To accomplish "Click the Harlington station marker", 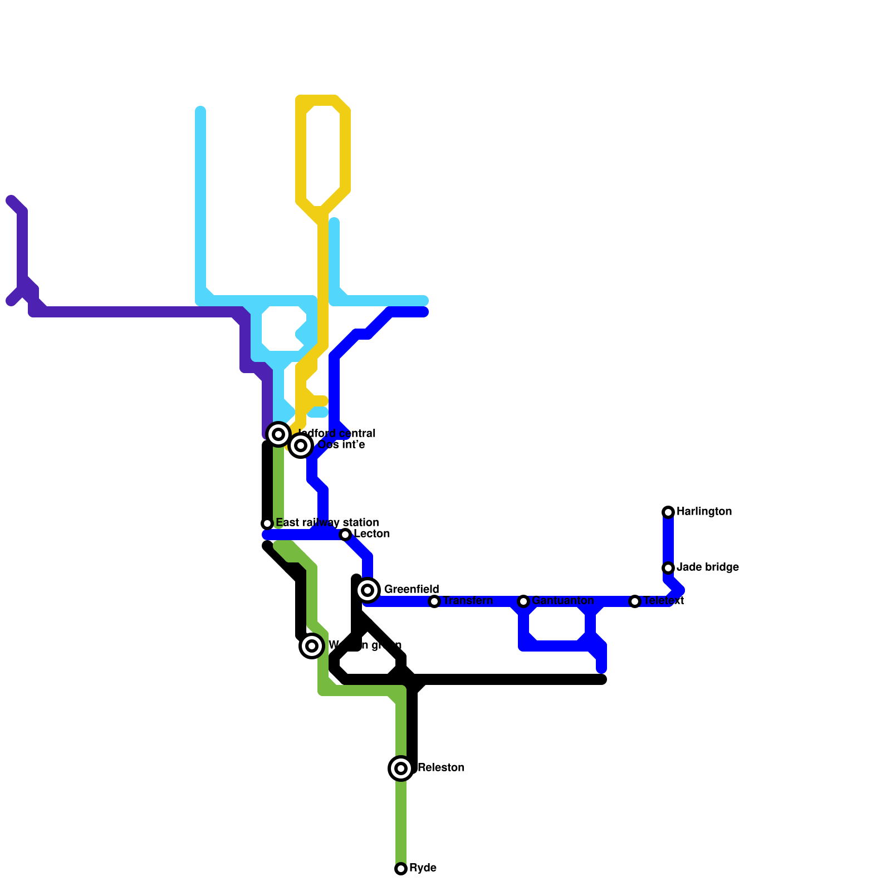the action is click(668, 512).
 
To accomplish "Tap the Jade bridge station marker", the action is click(668, 568).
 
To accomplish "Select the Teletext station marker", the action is click(635, 601).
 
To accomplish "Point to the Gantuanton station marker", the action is click(523, 601).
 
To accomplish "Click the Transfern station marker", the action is click(434, 601).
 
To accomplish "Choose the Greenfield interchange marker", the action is click(368, 590).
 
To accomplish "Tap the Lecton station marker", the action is click(345, 535).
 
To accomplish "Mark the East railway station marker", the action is click(267, 523).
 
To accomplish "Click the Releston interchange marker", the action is click(401, 768).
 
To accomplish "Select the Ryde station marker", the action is click(401, 869).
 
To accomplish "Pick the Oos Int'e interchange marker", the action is click(301, 445).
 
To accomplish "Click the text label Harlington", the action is click(704, 512).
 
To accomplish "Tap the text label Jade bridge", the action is click(707, 567).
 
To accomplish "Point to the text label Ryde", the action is click(423, 868).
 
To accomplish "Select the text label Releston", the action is click(441, 768).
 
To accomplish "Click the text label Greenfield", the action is click(412, 590).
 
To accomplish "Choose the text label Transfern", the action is click(468, 601).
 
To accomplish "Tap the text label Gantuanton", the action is click(562, 601).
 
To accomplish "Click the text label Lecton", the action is click(371, 534).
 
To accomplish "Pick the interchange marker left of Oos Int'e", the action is click(278, 434).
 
